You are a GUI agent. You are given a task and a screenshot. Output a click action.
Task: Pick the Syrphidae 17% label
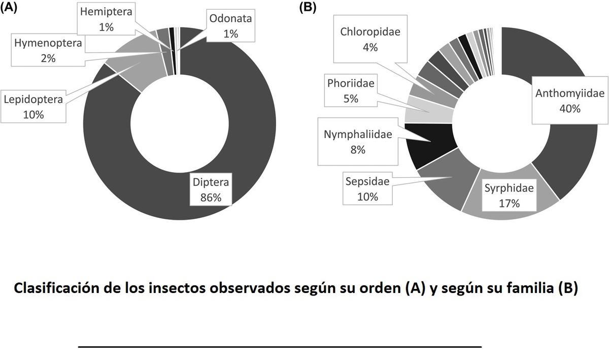509,196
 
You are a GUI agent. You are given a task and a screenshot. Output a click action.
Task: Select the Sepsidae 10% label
367,188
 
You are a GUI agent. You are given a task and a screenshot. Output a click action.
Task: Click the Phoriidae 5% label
351,90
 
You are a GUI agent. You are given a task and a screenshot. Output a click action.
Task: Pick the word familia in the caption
525,288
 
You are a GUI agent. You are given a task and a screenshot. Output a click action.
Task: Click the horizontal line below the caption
280,346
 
